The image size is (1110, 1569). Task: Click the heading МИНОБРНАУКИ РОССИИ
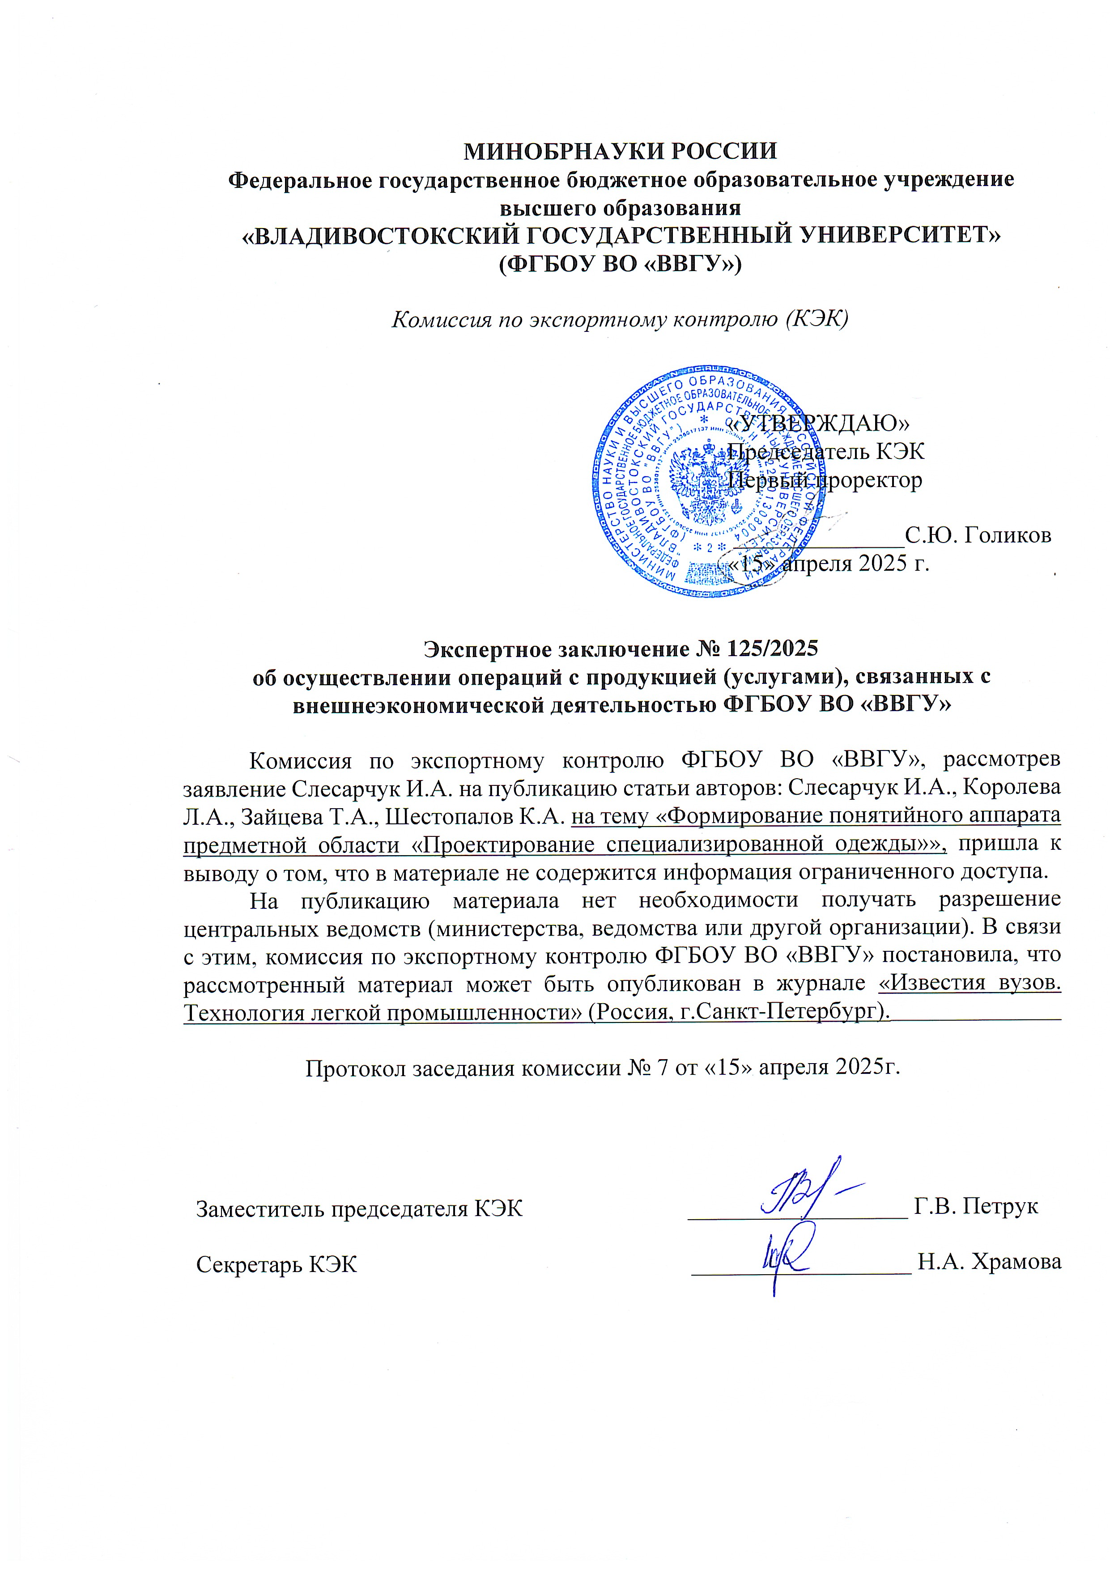(x=621, y=151)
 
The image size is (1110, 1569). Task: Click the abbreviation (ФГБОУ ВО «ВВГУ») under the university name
(x=621, y=263)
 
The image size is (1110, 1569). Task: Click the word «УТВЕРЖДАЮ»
(x=817, y=423)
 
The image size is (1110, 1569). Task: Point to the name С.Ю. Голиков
(x=978, y=534)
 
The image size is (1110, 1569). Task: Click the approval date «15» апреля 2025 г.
(x=830, y=563)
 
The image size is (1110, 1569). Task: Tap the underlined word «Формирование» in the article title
(x=740, y=816)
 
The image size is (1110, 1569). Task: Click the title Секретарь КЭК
(x=277, y=1265)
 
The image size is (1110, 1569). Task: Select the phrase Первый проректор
(x=824, y=480)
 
